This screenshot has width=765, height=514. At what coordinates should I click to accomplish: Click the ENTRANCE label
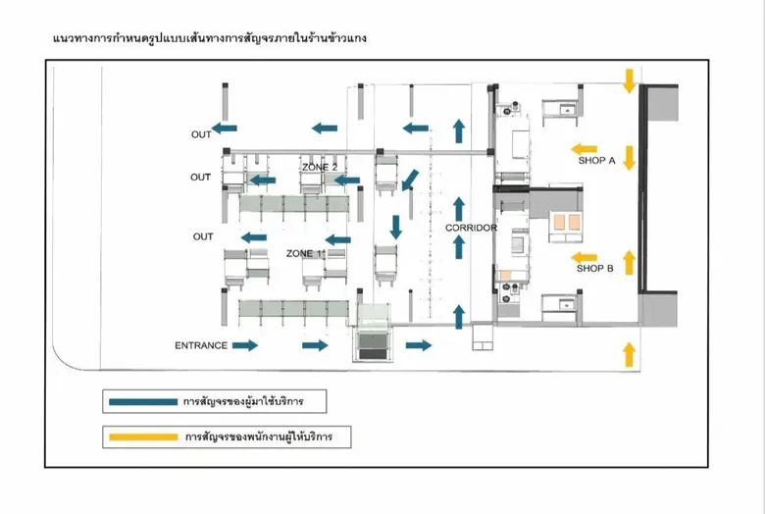tap(201, 345)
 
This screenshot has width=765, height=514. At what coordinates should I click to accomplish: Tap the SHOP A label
tap(596, 161)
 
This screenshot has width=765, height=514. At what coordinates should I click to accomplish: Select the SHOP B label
tap(595, 268)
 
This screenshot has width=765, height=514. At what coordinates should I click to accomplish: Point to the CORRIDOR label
tap(471, 229)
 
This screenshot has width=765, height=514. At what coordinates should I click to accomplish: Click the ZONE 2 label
tap(320, 168)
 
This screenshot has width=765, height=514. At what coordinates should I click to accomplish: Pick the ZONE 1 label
tap(304, 253)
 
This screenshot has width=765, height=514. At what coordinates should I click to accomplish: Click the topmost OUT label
tap(201, 134)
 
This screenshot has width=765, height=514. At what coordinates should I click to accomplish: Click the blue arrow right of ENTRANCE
tap(245, 345)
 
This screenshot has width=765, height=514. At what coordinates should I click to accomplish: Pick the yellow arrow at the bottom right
tap(630, 353)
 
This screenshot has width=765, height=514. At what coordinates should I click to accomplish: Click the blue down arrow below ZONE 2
tap(396, 228)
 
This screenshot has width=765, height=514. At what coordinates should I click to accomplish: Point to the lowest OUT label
tap(203, 236)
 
